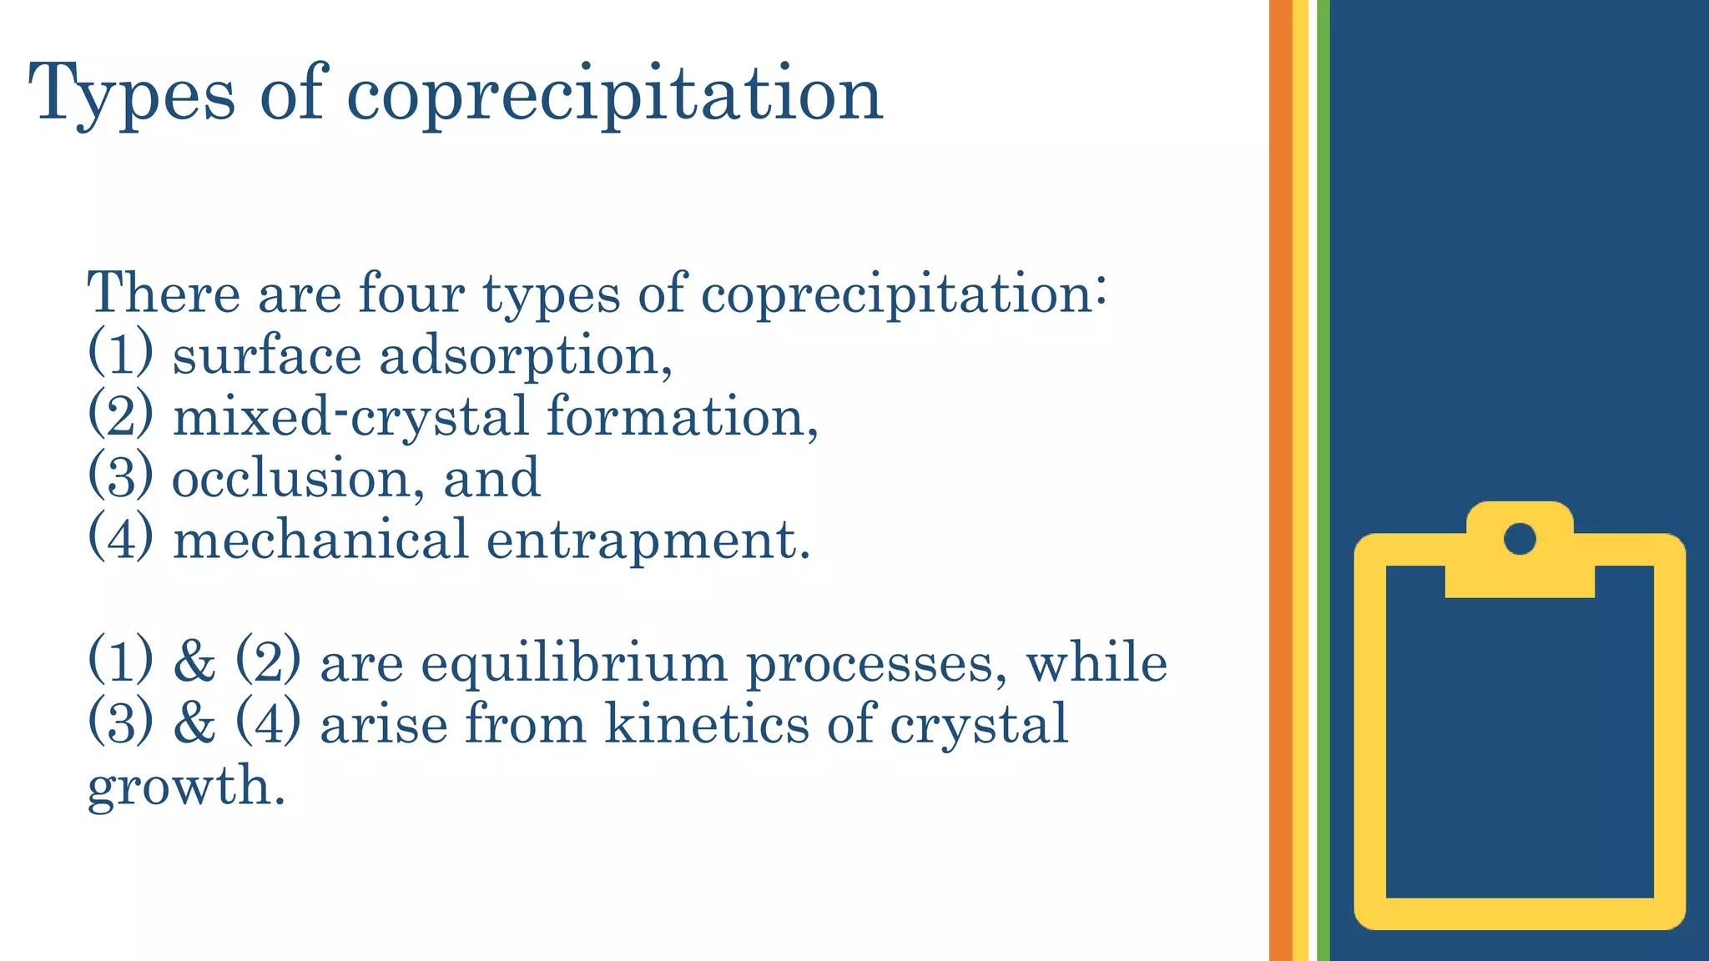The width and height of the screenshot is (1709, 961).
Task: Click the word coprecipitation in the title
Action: (614, 94)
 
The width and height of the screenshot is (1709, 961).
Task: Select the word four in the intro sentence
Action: (411, 294)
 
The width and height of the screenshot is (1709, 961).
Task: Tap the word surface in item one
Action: (266, 356)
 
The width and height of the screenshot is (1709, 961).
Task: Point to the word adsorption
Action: (525, 357)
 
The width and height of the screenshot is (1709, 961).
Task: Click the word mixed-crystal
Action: (350, 416)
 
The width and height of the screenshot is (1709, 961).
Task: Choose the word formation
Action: (681, 416)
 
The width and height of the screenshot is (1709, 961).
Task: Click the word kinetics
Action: (707, 723)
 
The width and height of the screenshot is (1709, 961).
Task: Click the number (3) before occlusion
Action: (120, 477)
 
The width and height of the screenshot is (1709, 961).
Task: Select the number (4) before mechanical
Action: (120, 539)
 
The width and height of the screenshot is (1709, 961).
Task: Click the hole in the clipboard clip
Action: (1520, 539)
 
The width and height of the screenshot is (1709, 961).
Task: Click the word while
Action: (1096, 664)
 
